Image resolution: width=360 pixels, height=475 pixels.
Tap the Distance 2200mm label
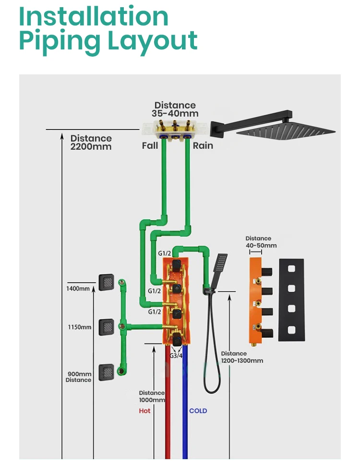pos(91,142)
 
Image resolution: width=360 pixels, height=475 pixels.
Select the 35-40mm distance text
pos(175,114)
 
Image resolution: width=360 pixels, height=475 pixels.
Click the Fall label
pos(150,145)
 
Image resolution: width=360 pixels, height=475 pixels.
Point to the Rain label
pos(203,145)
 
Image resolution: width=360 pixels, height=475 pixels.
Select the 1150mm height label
pos(79,327)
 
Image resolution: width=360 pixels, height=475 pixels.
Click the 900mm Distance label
pos(79,377)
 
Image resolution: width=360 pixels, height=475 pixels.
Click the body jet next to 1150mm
pos(106,327)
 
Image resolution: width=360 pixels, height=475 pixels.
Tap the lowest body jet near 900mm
pos(106,372)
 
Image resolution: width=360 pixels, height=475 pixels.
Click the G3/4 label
pos(176,356)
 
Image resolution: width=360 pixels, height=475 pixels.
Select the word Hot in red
pos(144,411)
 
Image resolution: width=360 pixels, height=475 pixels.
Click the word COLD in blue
pos(198,411)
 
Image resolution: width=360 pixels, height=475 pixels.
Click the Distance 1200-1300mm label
pos(242,357)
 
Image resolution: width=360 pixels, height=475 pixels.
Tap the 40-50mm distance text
pos(261,246)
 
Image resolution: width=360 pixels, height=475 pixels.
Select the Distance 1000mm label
pos(152,396)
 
